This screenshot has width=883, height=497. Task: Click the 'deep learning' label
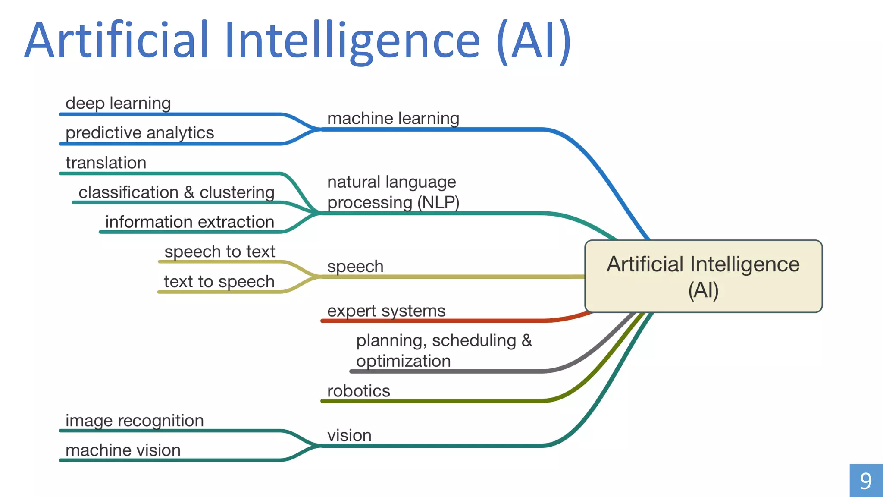118,104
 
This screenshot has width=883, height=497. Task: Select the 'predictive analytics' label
140,133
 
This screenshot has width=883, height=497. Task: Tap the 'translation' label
106,163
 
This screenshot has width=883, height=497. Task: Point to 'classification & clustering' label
176,192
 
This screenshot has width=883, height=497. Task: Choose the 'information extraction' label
190,222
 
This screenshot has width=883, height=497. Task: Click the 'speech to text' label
219,252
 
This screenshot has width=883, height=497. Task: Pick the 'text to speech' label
219,282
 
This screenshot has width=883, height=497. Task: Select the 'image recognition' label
135,421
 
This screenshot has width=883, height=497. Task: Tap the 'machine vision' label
123,450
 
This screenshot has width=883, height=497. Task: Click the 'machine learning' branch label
393,119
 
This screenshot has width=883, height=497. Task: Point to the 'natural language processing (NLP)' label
393,192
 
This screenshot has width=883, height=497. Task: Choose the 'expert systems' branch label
386,311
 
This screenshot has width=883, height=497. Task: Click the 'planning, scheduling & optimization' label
444,351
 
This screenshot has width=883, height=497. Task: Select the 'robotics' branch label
358,391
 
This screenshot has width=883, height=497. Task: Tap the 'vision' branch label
349,436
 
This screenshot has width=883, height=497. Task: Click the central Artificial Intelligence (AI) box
703,276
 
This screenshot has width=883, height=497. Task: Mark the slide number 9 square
866,481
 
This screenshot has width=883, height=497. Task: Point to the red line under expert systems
431,321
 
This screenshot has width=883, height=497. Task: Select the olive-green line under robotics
431,401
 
